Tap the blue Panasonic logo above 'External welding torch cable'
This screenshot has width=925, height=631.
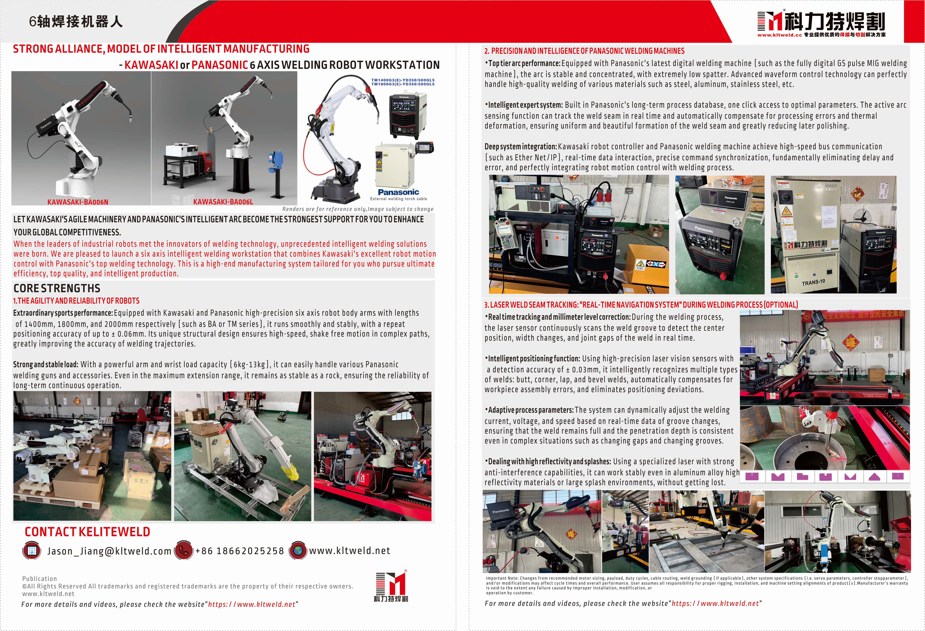click(398, 192)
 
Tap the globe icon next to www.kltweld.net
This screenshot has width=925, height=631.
click(298, 550)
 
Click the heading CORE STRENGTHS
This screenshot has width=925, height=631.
click(57, 288)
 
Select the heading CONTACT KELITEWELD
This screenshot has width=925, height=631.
click(87, 532)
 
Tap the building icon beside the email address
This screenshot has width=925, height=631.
click(32, 550)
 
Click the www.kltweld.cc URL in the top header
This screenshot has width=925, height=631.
click(779, 35)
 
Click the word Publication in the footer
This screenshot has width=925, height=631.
click(39, 579)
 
